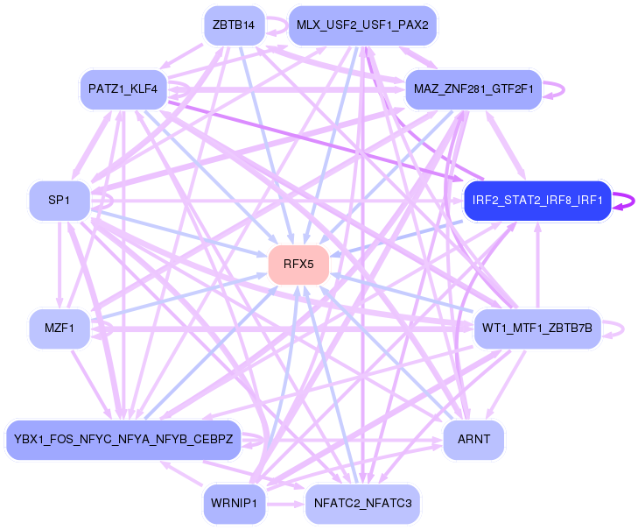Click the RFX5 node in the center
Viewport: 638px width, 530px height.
coord(298,264)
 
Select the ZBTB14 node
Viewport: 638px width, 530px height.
coord(234,25)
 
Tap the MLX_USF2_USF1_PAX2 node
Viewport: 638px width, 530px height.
coord(362,25)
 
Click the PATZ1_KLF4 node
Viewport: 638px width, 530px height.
coord(123,88)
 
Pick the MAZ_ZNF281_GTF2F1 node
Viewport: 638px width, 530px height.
coord(473,89)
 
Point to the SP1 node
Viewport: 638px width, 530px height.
coord(59,200)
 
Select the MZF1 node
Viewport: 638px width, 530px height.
coord(60,329)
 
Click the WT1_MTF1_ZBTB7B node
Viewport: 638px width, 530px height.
coord(537,329)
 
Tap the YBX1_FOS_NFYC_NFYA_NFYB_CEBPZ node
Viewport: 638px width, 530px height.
coord(123,439)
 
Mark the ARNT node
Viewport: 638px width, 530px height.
coord(473,439)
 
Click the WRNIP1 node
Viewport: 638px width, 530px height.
coord(234,504)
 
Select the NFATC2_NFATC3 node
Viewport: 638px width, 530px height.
coord(363,504)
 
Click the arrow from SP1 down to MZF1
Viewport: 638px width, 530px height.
coord(59,263)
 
